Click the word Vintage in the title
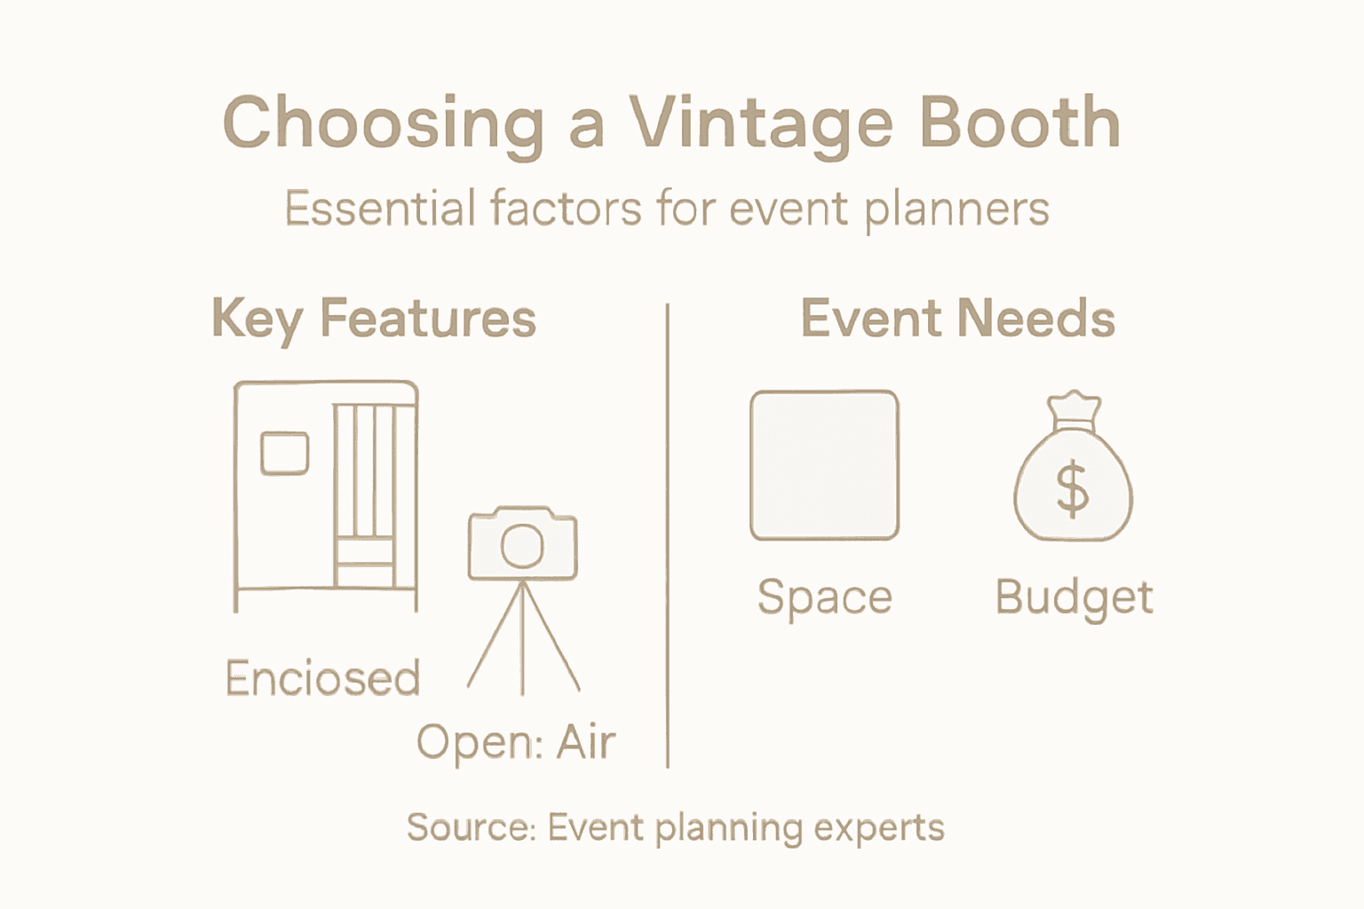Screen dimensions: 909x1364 click(758, 124)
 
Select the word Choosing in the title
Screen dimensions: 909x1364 click(382, 124)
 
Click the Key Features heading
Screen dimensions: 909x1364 click(374, 320)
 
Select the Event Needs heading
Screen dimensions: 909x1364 click(957, 319)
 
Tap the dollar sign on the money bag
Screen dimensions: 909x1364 click(1073, 489)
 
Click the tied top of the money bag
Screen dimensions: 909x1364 click(1074, 410)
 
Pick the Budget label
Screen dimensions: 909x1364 click(1074, 597)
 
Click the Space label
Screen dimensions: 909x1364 click(824, 597)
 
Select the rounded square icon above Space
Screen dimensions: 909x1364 click(824, 465)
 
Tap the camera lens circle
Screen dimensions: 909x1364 click(522, 545)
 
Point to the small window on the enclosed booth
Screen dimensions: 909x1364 click(284, 453)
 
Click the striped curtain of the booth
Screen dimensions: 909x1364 click(364, 470)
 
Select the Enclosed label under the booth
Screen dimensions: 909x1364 click(322, 679)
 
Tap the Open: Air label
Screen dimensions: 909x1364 click(516, 742)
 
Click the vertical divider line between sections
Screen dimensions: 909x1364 click(667, 533)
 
